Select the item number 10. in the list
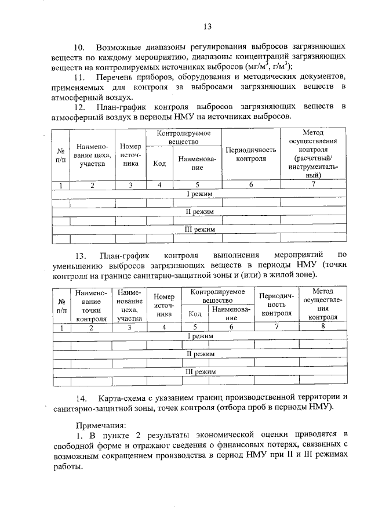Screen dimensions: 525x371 78,46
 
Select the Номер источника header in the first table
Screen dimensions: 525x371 130,154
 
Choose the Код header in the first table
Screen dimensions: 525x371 159,163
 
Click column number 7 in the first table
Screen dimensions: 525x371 313,184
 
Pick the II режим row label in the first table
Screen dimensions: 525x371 200,212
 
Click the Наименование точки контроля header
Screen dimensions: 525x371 91,306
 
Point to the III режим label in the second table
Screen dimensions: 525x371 200,371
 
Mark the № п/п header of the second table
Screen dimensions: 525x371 61,306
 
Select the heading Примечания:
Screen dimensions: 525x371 101,425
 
